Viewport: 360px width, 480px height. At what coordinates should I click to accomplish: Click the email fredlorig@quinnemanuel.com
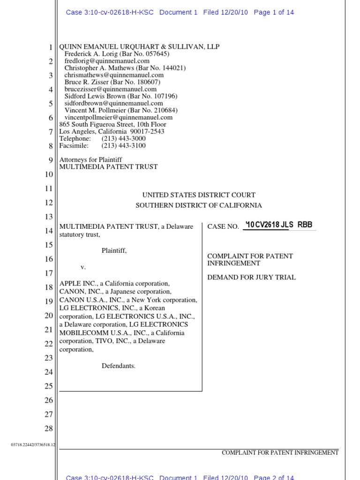tap(107, 61)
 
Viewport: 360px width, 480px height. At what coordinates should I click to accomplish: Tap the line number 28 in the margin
tap(49, 428)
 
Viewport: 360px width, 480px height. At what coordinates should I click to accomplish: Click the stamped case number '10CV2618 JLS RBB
tap(279, 225)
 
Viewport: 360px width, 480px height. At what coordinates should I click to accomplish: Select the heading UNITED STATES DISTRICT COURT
tap(199, 195)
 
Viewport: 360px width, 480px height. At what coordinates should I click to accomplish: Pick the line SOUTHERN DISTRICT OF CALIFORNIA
tap(199, 205)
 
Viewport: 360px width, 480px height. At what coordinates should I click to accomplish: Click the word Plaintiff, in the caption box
tap(114, 251)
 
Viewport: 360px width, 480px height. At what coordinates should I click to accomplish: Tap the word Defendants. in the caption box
tap(119, 366)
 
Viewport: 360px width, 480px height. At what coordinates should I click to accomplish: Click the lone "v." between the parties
tap(83, 267)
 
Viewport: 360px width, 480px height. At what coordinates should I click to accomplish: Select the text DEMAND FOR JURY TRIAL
tap(252, 277)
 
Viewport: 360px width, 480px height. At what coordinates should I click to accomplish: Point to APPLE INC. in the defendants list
tap(75, 284)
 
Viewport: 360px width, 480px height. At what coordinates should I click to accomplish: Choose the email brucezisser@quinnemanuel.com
tap(111, 89)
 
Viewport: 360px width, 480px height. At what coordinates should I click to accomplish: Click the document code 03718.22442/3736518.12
tap(33, 445)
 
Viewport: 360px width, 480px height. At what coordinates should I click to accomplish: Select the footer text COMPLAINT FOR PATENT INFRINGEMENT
tap(280, 453)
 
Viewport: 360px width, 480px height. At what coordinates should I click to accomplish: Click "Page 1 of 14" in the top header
tap(274, 13)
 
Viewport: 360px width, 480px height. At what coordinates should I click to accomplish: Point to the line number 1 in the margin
tap(51, 47)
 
